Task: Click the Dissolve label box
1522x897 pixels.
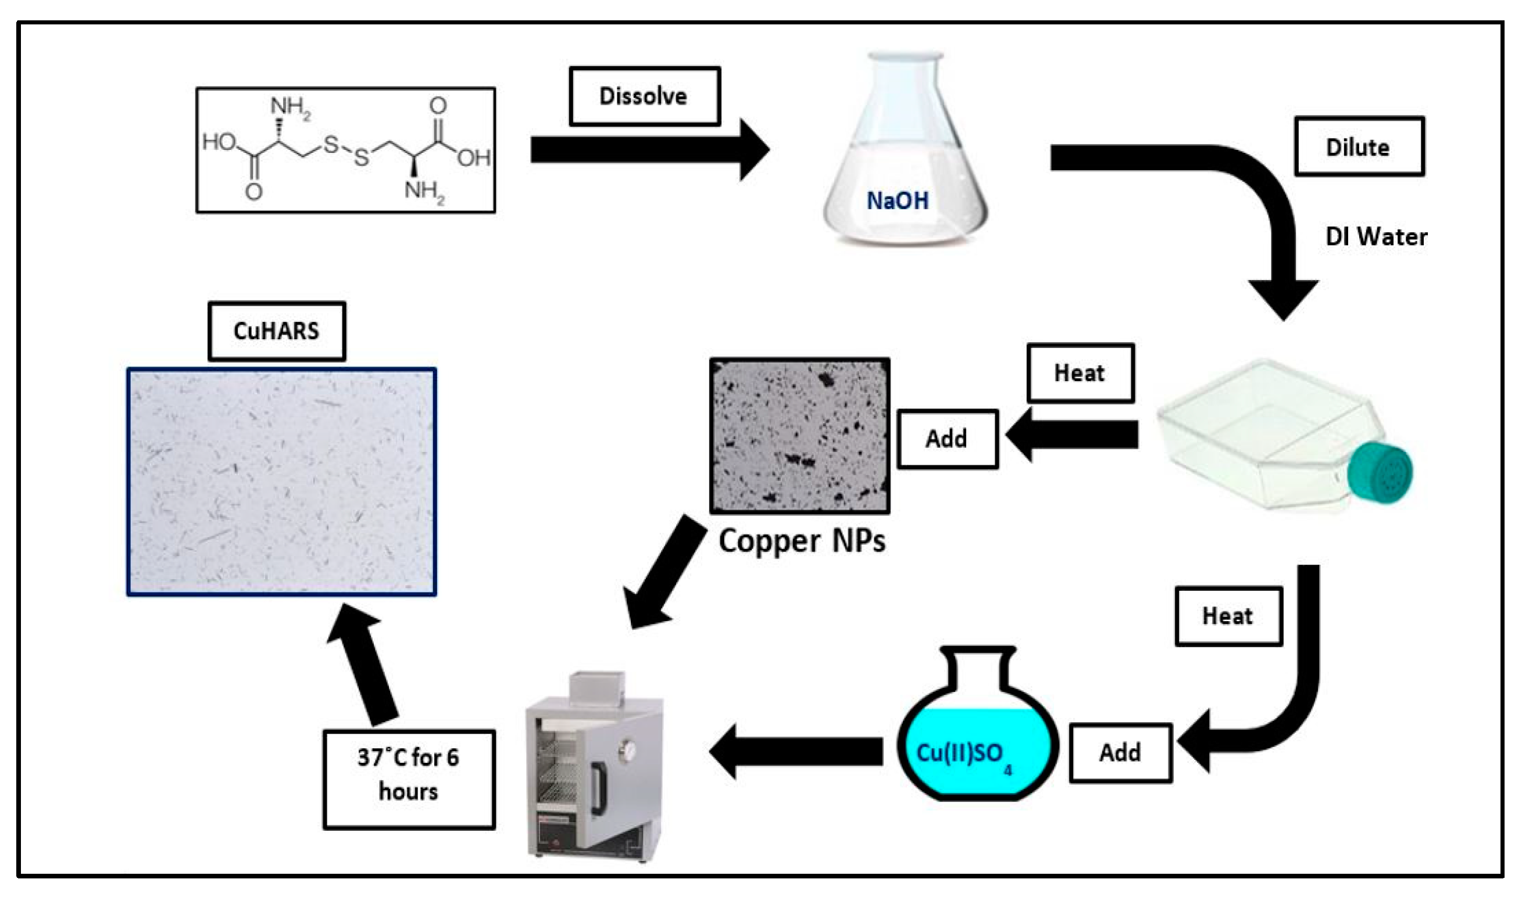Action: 644,96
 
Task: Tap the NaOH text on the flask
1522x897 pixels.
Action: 898,200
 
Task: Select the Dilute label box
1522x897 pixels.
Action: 1359,147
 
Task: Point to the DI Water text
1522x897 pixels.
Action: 1375,236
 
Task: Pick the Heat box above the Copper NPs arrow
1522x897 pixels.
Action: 1080,373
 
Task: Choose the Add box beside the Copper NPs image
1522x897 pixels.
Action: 947,439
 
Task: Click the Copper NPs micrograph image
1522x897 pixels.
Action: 799,436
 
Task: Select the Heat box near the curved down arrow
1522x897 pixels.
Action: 1228,616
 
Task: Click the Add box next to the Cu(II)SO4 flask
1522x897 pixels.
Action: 1120,752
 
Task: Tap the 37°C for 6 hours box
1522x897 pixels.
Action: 409,779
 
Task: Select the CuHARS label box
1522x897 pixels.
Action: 276,331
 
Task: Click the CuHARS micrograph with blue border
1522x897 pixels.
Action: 281,482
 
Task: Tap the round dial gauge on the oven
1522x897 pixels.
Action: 628,749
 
